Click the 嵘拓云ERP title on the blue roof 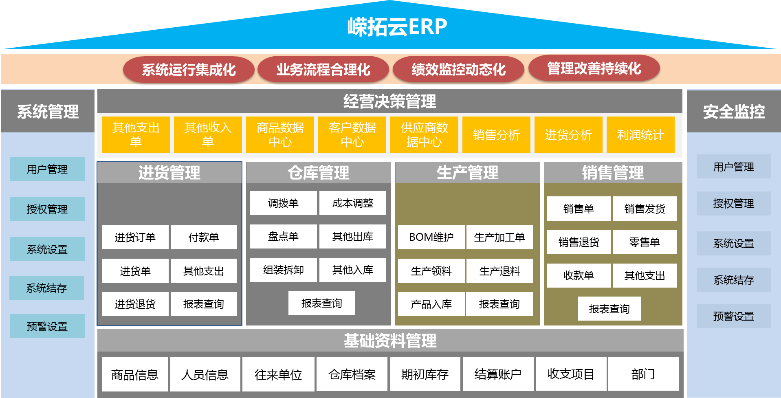397,27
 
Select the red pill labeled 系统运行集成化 189,70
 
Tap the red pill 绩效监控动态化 458,70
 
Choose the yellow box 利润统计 640,135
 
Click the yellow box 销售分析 496,135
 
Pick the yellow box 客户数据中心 352,135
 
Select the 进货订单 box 135,237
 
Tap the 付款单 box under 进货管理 204,237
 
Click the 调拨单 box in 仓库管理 283,203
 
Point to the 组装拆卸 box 283,270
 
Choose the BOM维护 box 431,237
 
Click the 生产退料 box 499,271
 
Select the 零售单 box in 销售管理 645,242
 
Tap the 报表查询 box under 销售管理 609,309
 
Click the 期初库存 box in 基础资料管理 425,374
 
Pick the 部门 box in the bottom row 643,374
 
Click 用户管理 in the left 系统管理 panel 47,169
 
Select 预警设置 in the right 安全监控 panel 734,316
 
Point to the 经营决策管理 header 389,101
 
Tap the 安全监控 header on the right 734,111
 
